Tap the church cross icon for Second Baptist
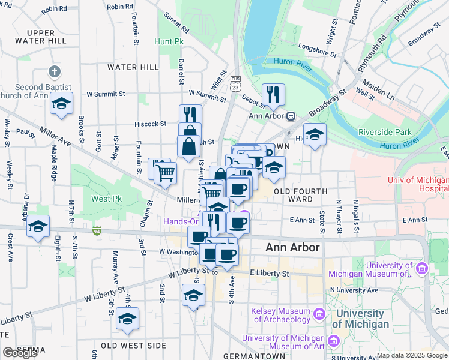tap(55, 73)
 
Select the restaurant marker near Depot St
tap(273, 94)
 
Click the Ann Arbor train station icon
tap(290, 116)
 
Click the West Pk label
tap(102, 199)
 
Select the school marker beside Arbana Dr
tap(38, 226)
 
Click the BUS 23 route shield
tap(236, 83)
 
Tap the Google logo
tap(20, 353)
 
